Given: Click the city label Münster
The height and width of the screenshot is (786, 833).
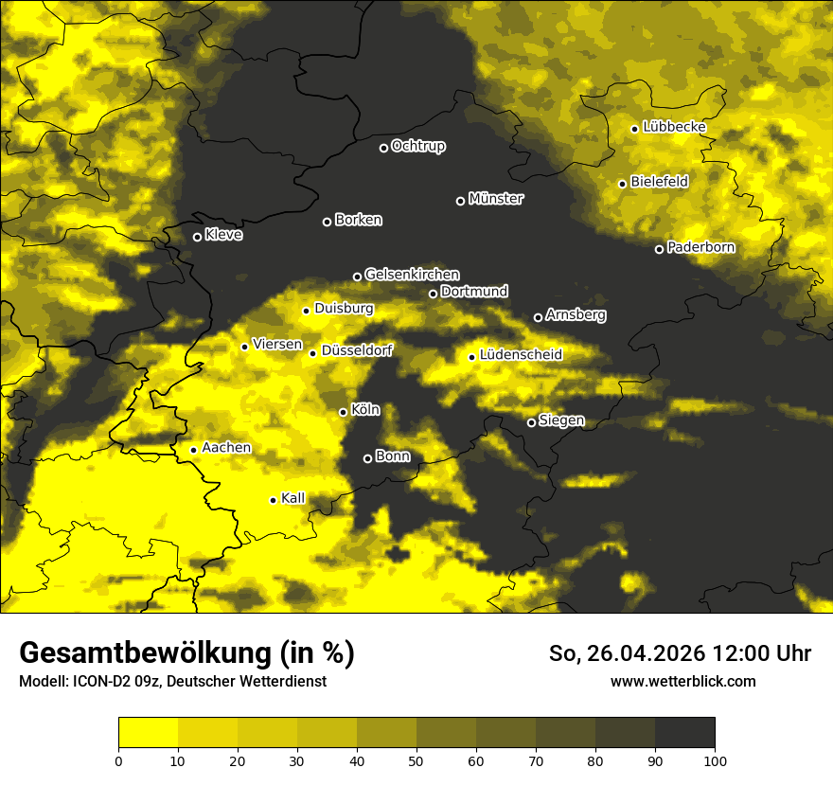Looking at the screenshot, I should [495, 199].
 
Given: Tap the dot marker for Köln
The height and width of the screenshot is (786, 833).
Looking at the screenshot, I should [343, 412].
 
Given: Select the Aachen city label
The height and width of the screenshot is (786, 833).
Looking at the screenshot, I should [226, 448].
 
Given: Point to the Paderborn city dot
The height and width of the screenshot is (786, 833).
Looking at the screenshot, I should [659, 249].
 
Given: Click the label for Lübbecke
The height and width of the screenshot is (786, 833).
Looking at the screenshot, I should [674, 127].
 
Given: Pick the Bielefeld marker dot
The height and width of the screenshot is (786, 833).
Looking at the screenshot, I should [622, 184].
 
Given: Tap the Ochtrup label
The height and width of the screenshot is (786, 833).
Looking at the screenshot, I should [417, 146].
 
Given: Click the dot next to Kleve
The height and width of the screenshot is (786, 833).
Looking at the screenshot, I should [197, 237].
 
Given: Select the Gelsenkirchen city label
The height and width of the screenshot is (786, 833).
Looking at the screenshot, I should [412, 275].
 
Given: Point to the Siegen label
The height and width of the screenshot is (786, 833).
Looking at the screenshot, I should [561, 420].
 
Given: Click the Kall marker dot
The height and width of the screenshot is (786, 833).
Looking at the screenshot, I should [273, 500].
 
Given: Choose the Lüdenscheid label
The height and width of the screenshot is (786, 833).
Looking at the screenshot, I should [521, 355].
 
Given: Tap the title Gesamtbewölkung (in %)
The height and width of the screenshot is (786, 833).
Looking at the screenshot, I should [186, 653].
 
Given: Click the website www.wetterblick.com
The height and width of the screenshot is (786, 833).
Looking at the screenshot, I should [682, 681].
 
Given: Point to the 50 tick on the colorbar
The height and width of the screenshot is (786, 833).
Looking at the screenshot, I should [416, 759].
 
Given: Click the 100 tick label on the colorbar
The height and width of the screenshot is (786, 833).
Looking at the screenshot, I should [715, 759].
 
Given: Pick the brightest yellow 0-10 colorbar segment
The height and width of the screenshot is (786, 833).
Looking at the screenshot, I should [149, 732].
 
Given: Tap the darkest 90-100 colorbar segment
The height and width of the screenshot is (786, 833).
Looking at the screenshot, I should [684, 732].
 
